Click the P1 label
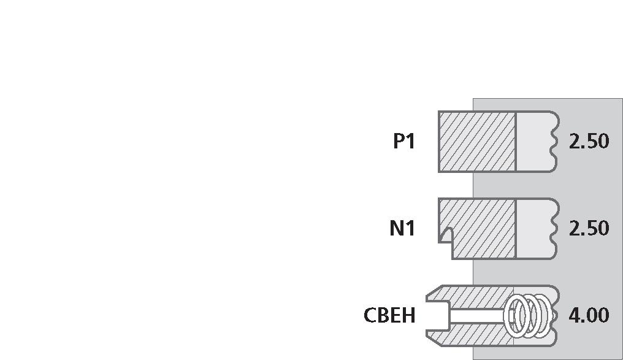click(x=404, y=141)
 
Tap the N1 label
click(x=402, y=229)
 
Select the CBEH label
click(x=389, y=315)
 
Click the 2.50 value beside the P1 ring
click(x=589, y=142)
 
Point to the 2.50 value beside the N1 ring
click(x=589, y=229)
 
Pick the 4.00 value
click(x=589, y=315)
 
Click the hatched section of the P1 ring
click(x=477, y=142)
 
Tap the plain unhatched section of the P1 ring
click(x=535, y=142)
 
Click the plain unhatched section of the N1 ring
click(x=535, y=229)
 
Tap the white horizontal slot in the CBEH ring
click(x=477, y=316)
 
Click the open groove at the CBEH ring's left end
click(x=438, y=316)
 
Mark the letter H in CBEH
click(x=409, y=315)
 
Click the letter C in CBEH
click(x=370, y=315)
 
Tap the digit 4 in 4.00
click(x=575, y=315)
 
